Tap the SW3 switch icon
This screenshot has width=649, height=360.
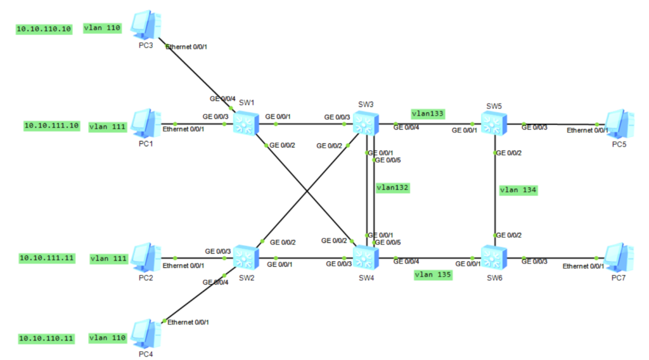tap(366, 121)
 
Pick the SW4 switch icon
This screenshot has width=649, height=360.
tap(366, 257)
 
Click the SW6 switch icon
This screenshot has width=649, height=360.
tap(494, 257)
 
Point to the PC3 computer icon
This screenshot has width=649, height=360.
tap(143, 25)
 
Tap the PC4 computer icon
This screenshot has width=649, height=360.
tap(143, 333)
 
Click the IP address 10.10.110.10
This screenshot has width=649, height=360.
tap(44, 29)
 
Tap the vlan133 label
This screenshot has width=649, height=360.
tap(428, 114)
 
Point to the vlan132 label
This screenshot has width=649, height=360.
tap(392, 188)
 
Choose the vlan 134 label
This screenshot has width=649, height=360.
tap(518, 190)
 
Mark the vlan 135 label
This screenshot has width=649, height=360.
tap(433, 274)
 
